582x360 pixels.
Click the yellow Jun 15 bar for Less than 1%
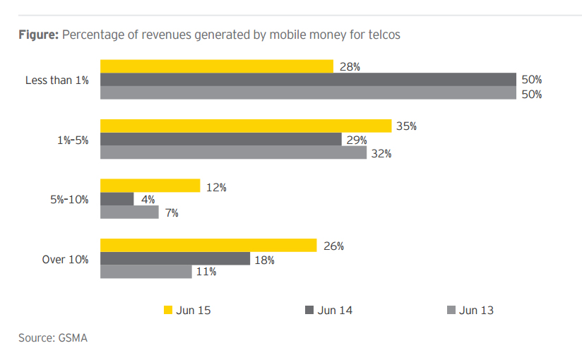pyautogui.click(x=216, y=66)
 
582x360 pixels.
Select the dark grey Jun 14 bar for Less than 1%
pyautogui.click(x=308, y=80)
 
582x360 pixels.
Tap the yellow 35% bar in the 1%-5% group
pyautogui.click(x=246, y=126)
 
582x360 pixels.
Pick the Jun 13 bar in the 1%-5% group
pyautogui.click(x=233, y=152)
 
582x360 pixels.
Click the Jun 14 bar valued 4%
pyautogui.click(x=117, y=199)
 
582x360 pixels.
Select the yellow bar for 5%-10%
pyautogui.click(x=150, y=186)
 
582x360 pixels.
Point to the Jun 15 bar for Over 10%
pyautogui.click(x=208, y=245)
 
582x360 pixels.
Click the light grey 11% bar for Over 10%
pyautogui.click(x=145, y=272)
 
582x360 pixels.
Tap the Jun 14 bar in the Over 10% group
pyautogui.click(x=174, y=258)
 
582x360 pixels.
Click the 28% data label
pyautogui.click(x=350, y=66)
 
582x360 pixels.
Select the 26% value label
pyautogui.click(x=333, y=246)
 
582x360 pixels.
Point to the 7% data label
pyautogui.click(x=172, y=212)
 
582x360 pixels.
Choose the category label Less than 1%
pyautogui.click(x=57, y=80)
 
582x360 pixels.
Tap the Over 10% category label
pyautogui.click(x=65, y=259)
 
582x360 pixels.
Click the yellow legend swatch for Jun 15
pyautogui.click(x=167, y=310)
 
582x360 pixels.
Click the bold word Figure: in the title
pyautogui.click(x=38, y=35)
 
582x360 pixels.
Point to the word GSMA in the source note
pyautogui.click(x=72, y=338)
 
